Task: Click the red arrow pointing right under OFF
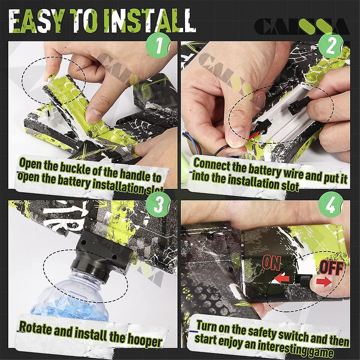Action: [324, 282]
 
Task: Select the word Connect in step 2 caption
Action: [212, 163]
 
